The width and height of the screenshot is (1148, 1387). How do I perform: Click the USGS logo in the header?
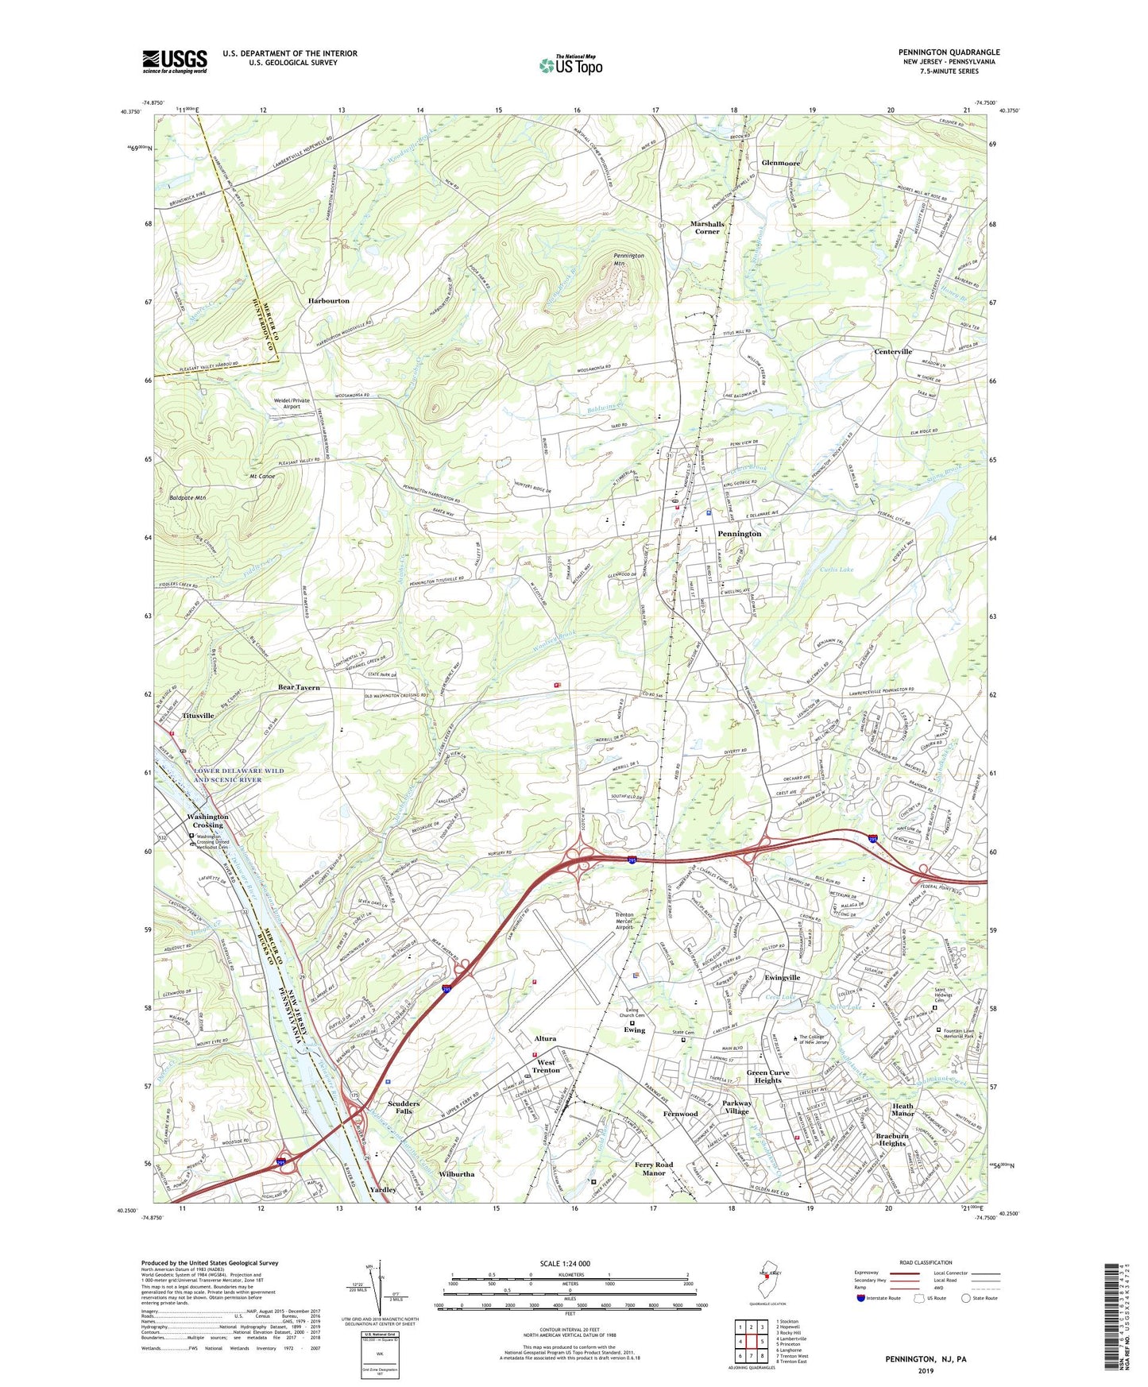click(x=175, y=61)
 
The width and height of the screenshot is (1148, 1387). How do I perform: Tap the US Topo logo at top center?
click(x=570, y=64)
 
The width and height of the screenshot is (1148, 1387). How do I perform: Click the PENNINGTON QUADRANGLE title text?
click(x=949, y=52)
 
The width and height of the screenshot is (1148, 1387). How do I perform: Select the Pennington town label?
click(x=739, y=534)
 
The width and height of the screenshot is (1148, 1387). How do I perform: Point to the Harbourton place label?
click(x=329, y=301)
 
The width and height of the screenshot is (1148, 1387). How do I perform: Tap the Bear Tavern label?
click(x=299, y=687)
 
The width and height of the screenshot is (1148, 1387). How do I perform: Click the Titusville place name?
click(x=198, y=716)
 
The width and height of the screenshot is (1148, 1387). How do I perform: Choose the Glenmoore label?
click(x=781, y=163)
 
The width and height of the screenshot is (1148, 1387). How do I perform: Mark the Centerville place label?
click(x=893, y=351)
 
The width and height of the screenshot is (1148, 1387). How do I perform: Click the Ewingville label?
click(x=782, y=978)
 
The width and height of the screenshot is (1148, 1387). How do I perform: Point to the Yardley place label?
click(x=383, y=1190)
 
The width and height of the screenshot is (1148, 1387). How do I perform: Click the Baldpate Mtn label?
click(x=187, y=498)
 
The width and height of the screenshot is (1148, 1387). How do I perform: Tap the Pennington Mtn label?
click(x=628, y=259)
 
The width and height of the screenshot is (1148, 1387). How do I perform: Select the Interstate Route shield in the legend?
click(x=861, y=1298)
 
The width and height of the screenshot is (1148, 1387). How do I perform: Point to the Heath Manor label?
click(x=903, y=1110)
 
